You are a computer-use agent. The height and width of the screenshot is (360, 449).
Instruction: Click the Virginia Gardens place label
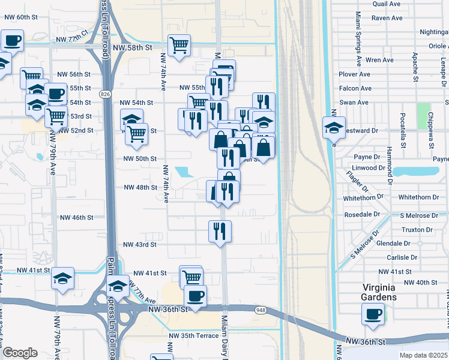coord(379,292)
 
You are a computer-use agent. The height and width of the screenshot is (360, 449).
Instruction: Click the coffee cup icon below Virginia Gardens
coord(373,314)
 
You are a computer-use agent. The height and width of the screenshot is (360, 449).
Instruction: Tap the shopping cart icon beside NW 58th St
coord(179,45)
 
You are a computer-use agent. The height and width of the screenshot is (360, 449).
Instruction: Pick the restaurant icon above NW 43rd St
coord(220,230)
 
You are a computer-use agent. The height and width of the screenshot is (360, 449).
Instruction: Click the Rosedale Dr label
coord(362,214)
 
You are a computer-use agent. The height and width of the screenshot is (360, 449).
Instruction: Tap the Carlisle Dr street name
coord(402,257)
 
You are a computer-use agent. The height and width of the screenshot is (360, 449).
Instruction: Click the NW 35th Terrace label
coord(193,335)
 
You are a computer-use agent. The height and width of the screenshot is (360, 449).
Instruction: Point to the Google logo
coord(20,353)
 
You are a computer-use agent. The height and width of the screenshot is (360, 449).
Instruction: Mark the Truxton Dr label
coord(417,230)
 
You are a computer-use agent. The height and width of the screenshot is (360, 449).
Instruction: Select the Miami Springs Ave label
coord(358,38)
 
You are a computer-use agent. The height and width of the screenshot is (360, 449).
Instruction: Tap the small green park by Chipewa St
coord(424,113)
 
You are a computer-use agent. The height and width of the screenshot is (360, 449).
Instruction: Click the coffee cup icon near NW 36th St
coord(195,295)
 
